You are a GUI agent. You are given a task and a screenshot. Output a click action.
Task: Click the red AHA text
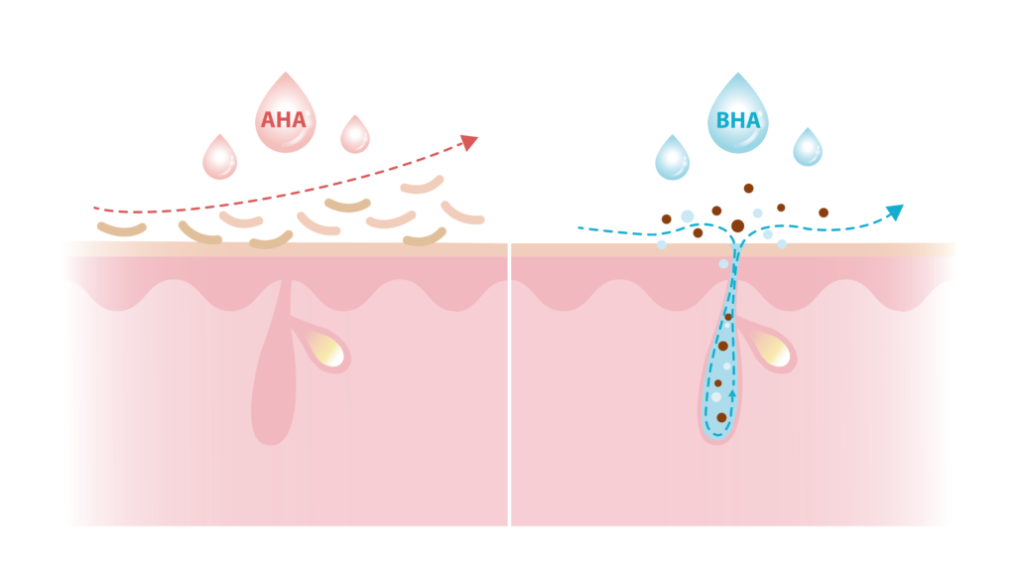(283, 120)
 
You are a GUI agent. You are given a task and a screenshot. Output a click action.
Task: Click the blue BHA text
(738, 120)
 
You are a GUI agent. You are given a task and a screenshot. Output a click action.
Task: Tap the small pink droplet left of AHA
(219, 157)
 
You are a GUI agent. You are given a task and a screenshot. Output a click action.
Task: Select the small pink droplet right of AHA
(355, 134)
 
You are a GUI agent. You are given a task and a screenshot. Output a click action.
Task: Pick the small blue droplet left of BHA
(672, 158)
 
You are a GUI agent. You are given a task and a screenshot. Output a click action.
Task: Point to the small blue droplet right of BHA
(808, 147)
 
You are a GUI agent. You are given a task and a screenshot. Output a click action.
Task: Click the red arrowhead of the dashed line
(469, 142)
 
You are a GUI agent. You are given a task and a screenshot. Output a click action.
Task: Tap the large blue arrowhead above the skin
(895, 212)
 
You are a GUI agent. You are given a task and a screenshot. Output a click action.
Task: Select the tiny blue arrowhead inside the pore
(733, 393)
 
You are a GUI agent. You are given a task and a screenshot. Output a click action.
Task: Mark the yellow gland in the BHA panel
(773, 351)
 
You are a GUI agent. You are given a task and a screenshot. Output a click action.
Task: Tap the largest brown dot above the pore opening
(737, 225)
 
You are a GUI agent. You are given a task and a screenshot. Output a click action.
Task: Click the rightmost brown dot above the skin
(824, 213)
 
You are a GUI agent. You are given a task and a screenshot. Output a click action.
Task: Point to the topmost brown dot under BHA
(748, 189)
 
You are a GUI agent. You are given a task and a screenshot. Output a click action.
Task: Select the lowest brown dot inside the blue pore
(722, 417)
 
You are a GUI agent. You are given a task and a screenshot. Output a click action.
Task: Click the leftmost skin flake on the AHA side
(122, 228)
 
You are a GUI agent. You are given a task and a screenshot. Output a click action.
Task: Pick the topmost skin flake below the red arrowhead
(423, 186)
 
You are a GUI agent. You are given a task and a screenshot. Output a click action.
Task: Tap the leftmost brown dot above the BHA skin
(666, 219)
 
